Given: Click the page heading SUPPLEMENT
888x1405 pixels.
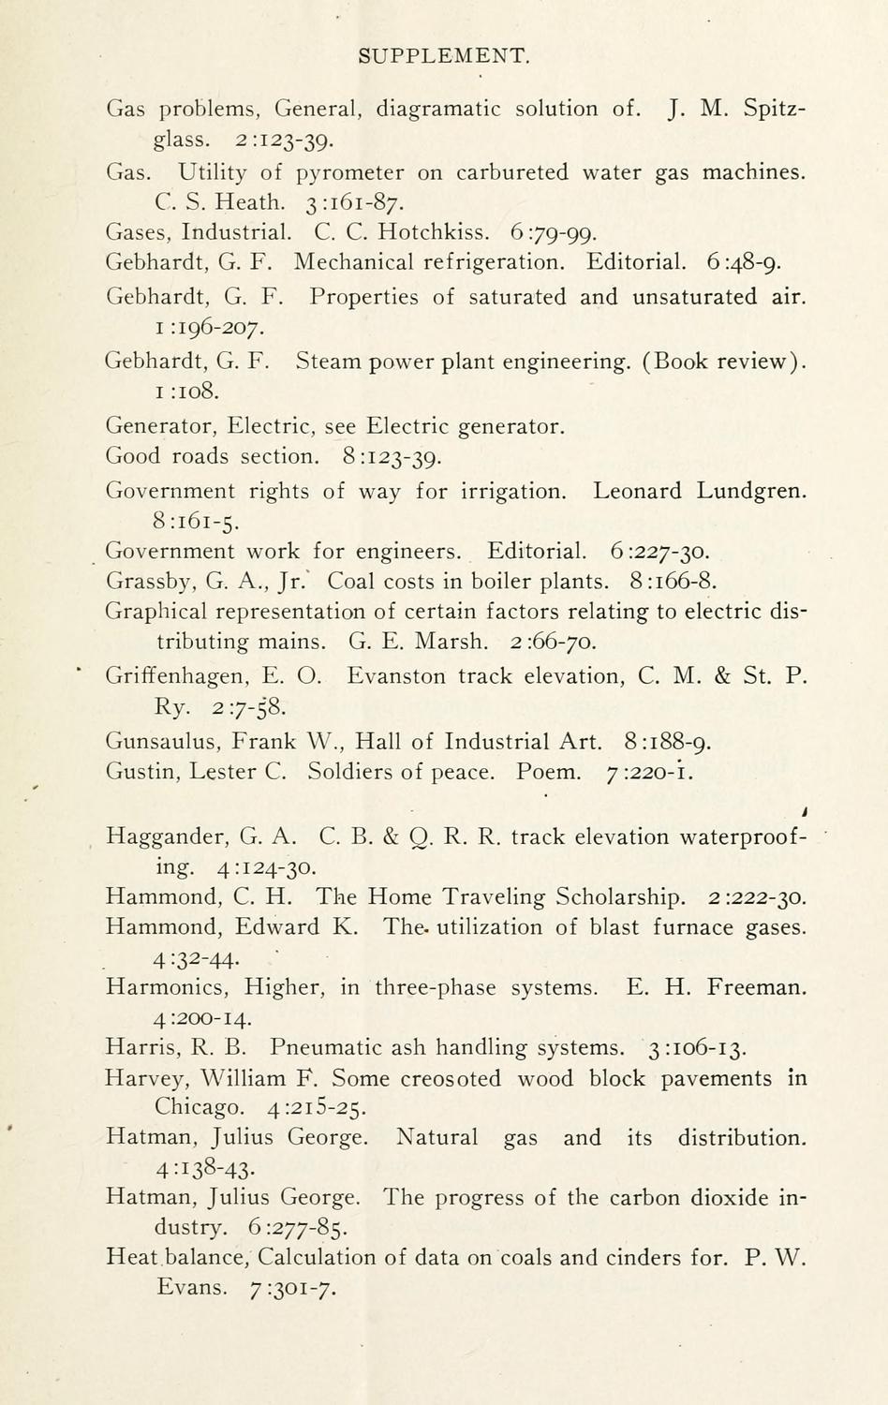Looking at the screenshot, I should click(444, 56).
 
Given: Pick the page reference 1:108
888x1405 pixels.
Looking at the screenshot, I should click(187, 392).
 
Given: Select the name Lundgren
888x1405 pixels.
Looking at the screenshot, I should click(751, 491).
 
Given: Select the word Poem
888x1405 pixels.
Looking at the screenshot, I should click(548, 773).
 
